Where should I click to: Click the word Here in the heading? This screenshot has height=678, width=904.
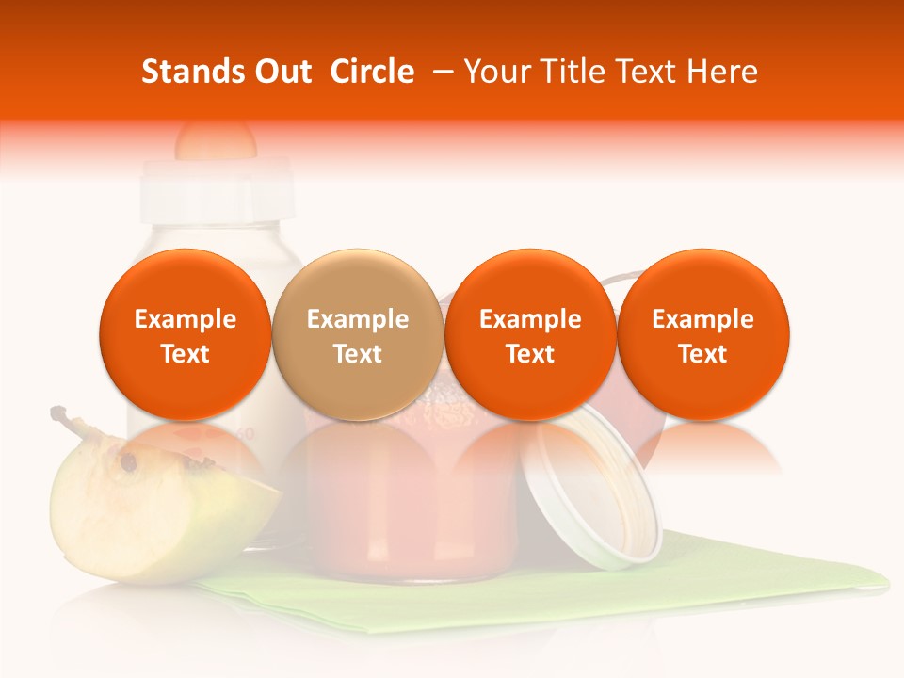click(722, 72)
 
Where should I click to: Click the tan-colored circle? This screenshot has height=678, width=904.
click(358, 334)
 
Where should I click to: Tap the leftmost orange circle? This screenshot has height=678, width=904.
click(186, 334)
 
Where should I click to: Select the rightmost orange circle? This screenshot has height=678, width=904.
click(702, 334)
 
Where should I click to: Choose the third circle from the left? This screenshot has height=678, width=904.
click(530, 334)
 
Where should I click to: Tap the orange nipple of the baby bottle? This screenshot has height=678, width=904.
click(216, 139)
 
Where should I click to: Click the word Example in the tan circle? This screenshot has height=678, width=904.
click(358, 319)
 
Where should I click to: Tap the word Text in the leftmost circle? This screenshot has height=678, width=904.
click(186, 354)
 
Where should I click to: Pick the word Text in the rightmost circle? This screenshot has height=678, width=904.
click(702, 354)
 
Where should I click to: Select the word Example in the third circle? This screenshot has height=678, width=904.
click(530, 319)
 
